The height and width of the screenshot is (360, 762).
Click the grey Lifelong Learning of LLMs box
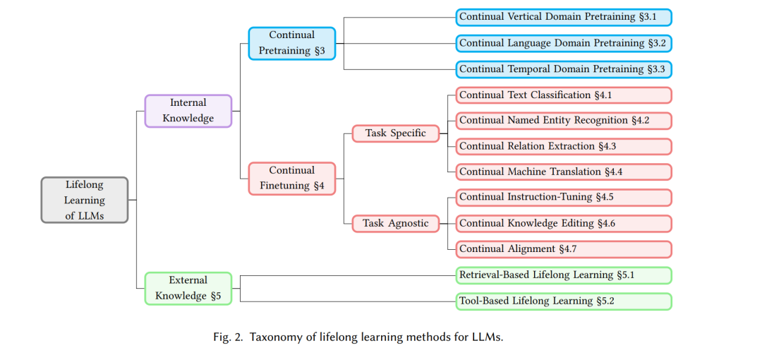(x=85, y=200)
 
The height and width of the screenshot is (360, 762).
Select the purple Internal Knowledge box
(x=188, y=111)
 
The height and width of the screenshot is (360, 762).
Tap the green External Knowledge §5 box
(x=188, y=289)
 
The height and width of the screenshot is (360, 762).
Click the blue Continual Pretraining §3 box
(x=292, y=43)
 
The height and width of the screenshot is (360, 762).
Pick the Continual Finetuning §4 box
(x=292, y=179)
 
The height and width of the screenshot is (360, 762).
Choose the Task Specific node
(x=396, y=133)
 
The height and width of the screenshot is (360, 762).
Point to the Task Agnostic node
(x=396, y=223)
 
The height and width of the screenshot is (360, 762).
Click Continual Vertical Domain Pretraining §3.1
(x=564, y=17)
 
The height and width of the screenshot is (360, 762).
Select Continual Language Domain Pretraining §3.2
(x=564, y=43)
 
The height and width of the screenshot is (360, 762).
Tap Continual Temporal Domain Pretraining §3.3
(x=564, y=69)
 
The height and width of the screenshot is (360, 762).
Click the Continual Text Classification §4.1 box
(x=564, y=95)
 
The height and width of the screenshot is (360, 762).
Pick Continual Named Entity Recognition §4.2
(x=564, y=121)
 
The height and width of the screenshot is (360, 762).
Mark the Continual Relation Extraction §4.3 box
(x=564, y=146)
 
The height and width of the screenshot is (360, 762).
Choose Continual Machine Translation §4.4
(x=564, y=172)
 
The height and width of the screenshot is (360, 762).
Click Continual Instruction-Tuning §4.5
(x=564, y=198)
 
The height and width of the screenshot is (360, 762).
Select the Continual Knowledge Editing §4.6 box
(x=564, y=223)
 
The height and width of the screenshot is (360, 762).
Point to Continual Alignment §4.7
(x=564, y=249)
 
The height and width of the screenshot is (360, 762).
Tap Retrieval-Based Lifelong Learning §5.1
(x=564, y=275)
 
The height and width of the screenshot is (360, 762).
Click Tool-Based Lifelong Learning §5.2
(x=564, y=301)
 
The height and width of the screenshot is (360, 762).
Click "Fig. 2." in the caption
(x=228, y=337)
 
